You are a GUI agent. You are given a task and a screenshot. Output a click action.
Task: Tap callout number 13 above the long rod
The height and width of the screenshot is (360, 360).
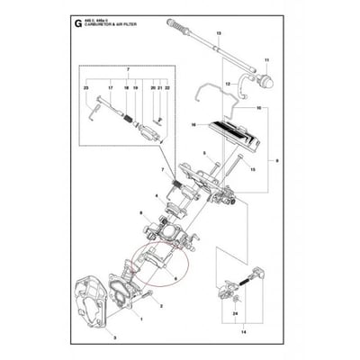point(218,33)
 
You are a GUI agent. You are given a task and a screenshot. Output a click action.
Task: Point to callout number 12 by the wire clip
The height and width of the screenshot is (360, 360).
point(228,84)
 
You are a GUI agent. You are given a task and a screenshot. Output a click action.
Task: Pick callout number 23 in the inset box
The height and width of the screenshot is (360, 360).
point(85,89)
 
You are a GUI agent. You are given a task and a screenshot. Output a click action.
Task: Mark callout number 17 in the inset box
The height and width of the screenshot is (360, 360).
point(110,89)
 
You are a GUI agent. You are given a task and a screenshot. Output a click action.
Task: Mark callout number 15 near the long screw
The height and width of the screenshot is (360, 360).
point(253,169)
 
